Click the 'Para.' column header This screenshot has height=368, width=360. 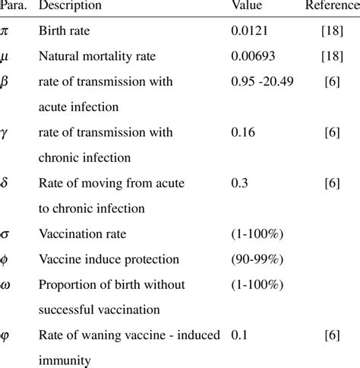pyautogui.click(x=14, y=6)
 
